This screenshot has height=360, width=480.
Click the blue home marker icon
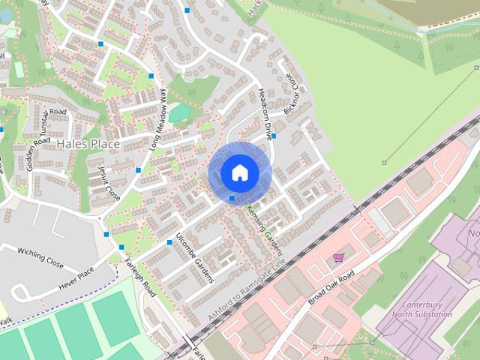coord(239,172)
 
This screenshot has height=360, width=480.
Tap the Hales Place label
coord(83,143)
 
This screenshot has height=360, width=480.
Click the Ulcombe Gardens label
coord(194,256)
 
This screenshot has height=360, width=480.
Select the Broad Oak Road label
coord(334,286)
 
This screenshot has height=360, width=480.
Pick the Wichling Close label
coord(40,257)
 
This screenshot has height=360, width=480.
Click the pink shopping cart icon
coord(339,257)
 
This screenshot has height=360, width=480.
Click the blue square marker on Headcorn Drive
coord(274,136)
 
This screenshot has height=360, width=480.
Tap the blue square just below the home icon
coord(232,198)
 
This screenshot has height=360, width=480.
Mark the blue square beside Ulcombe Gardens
coord(169,241)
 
